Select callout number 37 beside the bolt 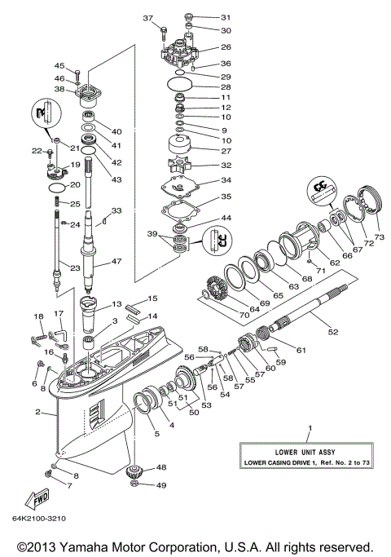[148, 18]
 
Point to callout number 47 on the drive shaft [116, 262]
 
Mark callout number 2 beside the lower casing [37, 413]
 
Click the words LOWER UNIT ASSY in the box [307, 451]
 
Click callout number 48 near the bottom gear [161, 467]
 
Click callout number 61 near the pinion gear [301, 350]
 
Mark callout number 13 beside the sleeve [116, 303]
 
